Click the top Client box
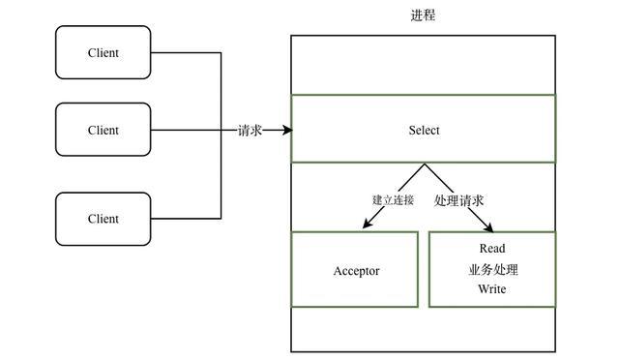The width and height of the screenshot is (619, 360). (x=103, y=53)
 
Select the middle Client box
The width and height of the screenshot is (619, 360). (x=103, y=130)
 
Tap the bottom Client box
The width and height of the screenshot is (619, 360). (x=103, y=219)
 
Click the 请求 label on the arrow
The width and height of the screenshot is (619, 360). (x=250, y=130)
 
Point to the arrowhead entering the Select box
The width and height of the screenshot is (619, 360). (x=286, y=130)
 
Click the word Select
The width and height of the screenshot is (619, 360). (x=424, y=130)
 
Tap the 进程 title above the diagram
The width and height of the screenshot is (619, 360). (x=424, y=15)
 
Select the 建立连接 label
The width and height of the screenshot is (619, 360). (x=393, y=200)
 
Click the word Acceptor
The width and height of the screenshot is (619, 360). (x=356, y=271)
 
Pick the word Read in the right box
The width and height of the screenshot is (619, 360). (x=491, y=249)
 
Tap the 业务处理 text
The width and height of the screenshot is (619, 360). (x=491, y=269)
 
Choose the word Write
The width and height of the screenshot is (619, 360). (x=491, y=289)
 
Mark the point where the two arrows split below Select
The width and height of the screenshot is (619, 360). (x=424, y=165)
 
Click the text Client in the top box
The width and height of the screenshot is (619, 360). (x=103, y=53)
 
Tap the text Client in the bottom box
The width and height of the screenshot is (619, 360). (x=103, y=219)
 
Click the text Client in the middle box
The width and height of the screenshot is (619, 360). (x=103, y=130)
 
